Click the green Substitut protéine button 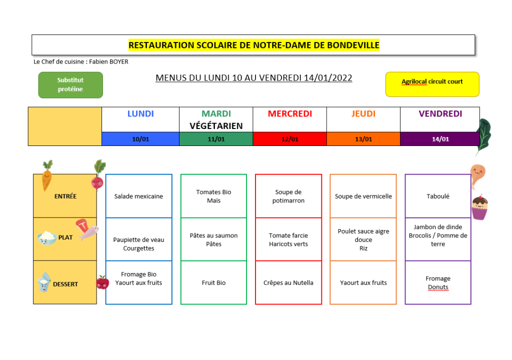(x=70, y=85)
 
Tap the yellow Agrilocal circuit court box (x=432, y=84)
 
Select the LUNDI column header (x=140, y=113)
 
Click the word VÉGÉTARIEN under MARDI (x=216, y=126)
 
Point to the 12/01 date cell (x=289, y=139)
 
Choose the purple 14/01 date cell (x=440, y=139)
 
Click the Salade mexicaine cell (x=139, y=196)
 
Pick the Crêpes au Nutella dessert (x=288, y=282)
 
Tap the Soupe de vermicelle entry (x=363, y=196)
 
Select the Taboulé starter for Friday (x=438, y=196)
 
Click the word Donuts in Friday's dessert (x=438, y=287)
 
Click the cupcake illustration (x=479, y=207)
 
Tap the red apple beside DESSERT (x=102, y=282)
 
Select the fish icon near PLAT (x=89, y=232)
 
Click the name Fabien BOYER (x=108, y=61)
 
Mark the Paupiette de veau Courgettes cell (x=139, y=243)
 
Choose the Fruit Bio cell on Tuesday (x=213, y=282)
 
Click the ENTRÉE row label (x=65, y=196)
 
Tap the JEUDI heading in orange (x=363, y=113)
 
